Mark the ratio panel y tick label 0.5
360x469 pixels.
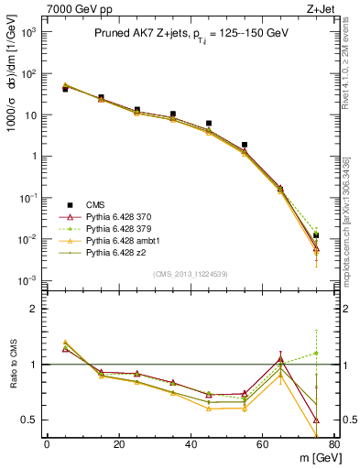[x=28, y=420]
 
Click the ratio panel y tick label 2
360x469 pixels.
[x=33, y=309]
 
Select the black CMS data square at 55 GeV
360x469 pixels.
[x=245, y=145]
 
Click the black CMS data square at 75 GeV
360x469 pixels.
[x=316, y=235]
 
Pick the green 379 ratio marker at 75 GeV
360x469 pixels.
[x=316, y=353]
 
